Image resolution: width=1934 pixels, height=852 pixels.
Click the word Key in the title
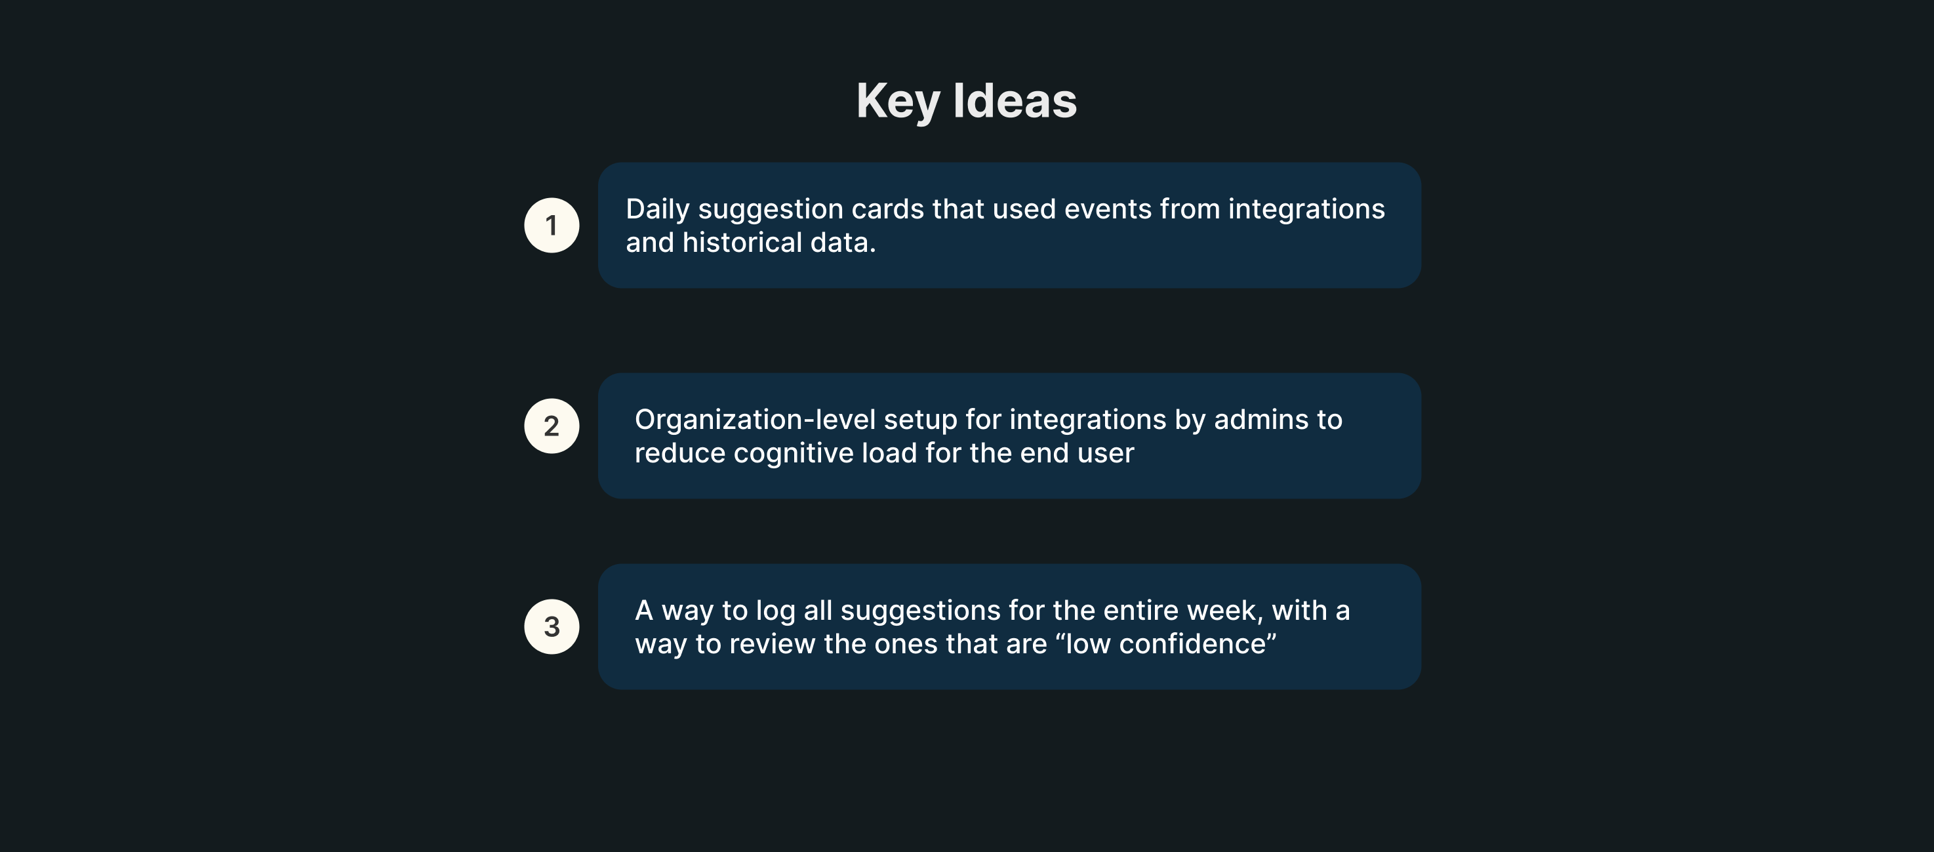(x=898, y=102)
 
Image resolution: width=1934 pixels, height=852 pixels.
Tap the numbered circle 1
(x=552, y=225)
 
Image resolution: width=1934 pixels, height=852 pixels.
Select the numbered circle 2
(x=552, y=426)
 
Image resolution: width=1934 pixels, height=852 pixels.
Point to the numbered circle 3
(x=552, y=627)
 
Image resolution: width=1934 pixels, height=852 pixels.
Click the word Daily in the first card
(x=658, y=210)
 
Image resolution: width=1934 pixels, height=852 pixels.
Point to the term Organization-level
(x=755, y=420)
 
